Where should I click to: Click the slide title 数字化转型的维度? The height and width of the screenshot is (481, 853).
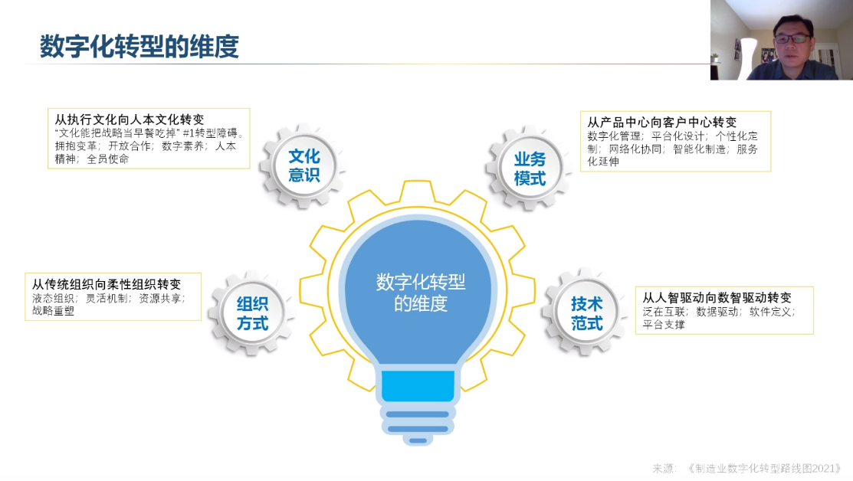point(139,47)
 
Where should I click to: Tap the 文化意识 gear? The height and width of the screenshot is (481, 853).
point(303,165)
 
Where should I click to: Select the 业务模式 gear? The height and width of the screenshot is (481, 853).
point(530,169)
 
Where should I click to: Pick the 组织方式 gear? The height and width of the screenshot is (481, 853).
point(252,313)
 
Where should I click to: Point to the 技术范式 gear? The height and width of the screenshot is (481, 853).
point(586,313)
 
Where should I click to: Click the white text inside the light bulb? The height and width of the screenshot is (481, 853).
point(421,293)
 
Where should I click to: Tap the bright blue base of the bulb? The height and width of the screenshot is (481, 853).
point(418,386)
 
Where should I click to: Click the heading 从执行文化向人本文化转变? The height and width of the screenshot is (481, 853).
point(130,119)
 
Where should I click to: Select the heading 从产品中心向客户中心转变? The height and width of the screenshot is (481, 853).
point(662,123)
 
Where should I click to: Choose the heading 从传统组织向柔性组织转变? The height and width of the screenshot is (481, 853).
point(106,284)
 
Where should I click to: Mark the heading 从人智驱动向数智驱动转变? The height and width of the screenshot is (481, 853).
point(717,298)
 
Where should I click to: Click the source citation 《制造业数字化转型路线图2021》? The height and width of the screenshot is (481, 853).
point(764,469)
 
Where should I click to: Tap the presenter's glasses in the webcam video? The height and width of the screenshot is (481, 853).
point(792,38)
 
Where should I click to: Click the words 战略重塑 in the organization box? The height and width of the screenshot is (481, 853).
point(53,311)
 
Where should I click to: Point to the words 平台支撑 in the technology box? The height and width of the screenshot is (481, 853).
point(664,325)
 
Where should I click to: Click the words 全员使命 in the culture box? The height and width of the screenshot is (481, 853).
point(108,159)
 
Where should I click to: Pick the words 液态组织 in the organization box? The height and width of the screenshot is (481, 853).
point(53,298)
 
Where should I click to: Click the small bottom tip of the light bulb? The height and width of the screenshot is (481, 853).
point(418,440)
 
